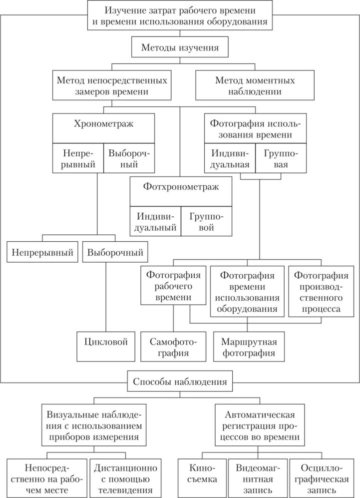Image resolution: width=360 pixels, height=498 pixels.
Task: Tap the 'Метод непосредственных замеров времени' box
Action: [111, 85]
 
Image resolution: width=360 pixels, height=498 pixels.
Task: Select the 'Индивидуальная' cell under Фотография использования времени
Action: [230, 159]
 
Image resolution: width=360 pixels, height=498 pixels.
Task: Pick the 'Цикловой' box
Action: [106, 342]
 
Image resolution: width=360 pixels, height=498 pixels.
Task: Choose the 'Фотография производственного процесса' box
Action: [321, 292]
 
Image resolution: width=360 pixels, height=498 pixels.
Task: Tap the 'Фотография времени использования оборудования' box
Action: [248, 292]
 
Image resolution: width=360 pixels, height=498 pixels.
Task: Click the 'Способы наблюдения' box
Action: [180, 382]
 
